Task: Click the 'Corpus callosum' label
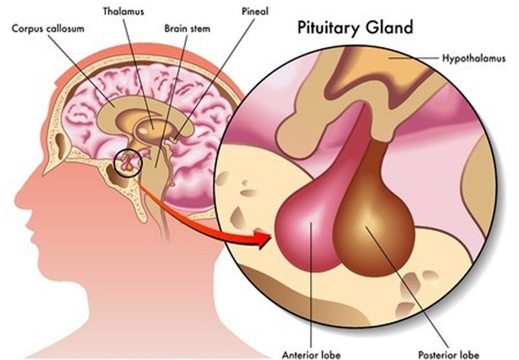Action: click(x=48, y=29)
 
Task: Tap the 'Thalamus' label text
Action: click(x=124, y=11)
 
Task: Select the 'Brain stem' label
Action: click(x=187, y=29)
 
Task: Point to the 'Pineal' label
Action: click(x=255, y=11)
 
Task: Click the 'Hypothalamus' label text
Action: click(x=474, y=59)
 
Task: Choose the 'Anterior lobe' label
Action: click(x=311, y=355)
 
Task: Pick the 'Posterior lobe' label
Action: click(x=448, y=355)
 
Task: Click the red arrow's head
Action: click(x=263, y=239)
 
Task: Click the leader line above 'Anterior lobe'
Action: click(x=311, y=284)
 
